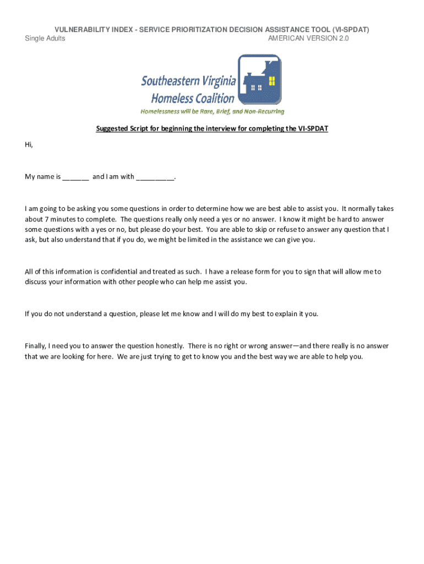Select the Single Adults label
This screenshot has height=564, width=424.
(x=45, y=38)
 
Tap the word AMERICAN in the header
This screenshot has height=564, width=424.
(x=287, y=38)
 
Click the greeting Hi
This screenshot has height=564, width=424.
(x=29, y=145)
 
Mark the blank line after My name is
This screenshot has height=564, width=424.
(x=75, y=177)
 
